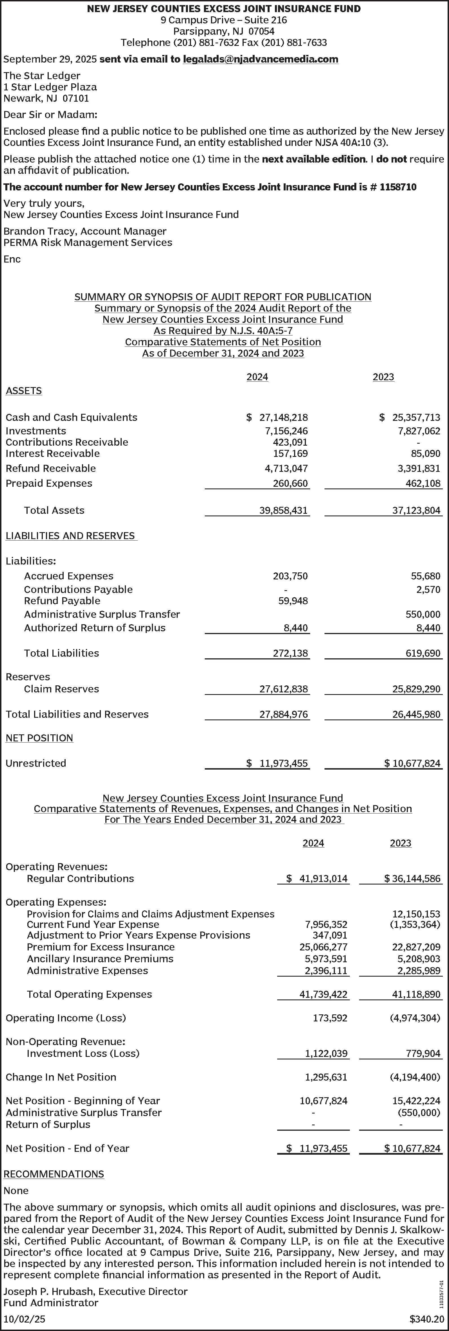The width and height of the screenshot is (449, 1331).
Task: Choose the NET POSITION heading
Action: click(x=39, y=738)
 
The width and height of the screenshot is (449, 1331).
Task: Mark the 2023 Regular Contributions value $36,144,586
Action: click(x=412, y=878)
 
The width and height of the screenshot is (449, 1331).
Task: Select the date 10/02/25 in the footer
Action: click(x=24, y=1319)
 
